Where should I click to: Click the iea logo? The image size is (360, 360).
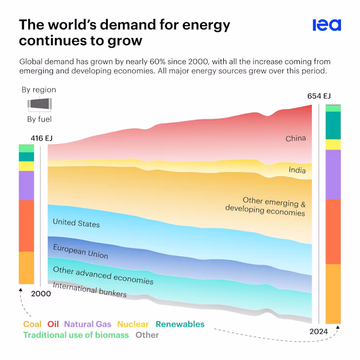click(327, 25)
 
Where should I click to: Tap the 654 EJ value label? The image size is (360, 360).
click(319, 96)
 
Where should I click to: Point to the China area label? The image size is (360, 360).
click(296, 138)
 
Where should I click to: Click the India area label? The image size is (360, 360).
click(297, 170)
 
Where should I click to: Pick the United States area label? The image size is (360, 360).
click(76, 223)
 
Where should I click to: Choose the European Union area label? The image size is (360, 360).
click(80, 251)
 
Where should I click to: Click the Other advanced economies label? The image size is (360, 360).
click(103, 275)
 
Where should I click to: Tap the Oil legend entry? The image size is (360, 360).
click(53, 324)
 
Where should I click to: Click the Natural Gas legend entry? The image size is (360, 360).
click(87, 324)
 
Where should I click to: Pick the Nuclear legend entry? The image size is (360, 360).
click(133, 324)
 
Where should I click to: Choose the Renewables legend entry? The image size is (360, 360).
click(179, 324)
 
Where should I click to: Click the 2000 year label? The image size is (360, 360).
click(41, 294)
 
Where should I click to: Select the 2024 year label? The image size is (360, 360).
click(319, 332)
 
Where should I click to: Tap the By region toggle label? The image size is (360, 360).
click(39, 89)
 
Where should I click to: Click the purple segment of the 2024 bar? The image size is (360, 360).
click(333, 174)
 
